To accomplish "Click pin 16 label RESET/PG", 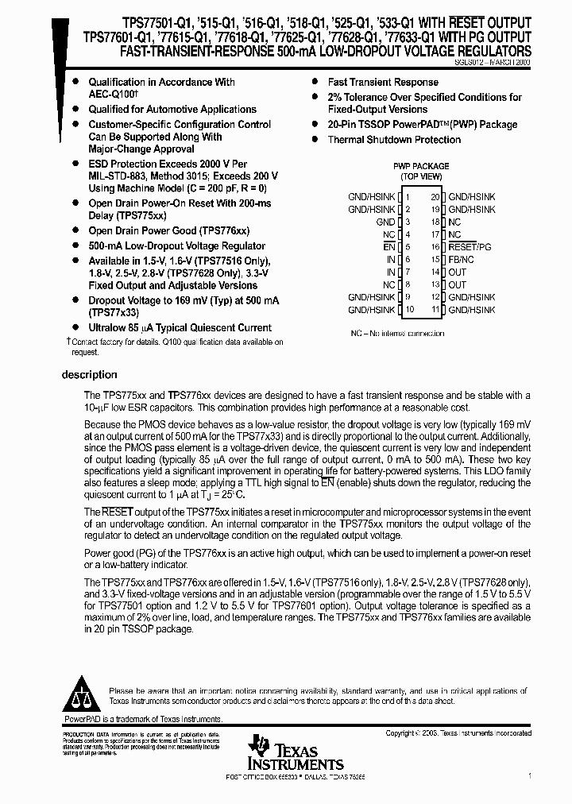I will pyautogui.click(x=470, y=247).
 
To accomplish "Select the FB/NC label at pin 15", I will pyautogui.click(x=461, y=259).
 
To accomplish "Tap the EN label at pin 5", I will pyautogui.click(x=390, y=247).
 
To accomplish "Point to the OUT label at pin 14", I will pyautogui.click(x=458, y=272).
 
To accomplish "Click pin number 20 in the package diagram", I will pyautogui.click(x=435, y=196).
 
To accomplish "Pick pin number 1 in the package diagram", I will pyautogui.click(x=408, y=196).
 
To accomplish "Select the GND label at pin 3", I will pyautogui.click(x=385, y=222).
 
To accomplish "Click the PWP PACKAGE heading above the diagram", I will pyautogui.click(x=421, y=166).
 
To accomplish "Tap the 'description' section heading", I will pyautogui.click(x=90, y=375).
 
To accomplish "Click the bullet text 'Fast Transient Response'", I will pyautogui.click(x=383, y=82).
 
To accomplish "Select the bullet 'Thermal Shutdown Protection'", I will pyautogui.click(x=394, y=140).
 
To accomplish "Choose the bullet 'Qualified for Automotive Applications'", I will pyautogui.click(x=172, y=110).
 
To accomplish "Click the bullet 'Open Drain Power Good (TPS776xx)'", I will pyautogui.click(x=168, y=230).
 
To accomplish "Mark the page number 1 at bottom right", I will pyautogui.click(x=529, y=775).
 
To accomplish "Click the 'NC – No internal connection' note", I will pyautogui.click(x=397, y=334).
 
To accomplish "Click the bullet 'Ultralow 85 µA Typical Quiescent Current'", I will pyautogui.click(x=180, y=327).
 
